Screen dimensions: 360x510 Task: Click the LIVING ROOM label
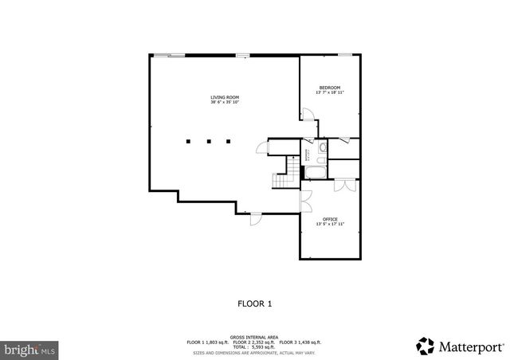pyautogui.click(x=225, y=97)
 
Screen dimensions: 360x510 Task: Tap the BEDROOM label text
pyautogui.click(x=330, y=88)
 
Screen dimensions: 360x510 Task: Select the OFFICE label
pyautogui.click(x=330, y=219)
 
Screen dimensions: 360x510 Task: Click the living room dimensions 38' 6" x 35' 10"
pyautogui.click(x=225, y=103)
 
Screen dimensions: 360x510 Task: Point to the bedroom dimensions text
pyautogui.click(x=330, y=93)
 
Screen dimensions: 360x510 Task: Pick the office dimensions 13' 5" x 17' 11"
pyautogui.click(x=330, y=225)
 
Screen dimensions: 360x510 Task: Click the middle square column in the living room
pyautogui.click(x=208, y=143)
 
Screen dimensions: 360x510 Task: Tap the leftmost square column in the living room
pyautogui.click(x=189, y=143)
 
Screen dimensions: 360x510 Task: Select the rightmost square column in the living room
pyautogui.click(x=228, y=143)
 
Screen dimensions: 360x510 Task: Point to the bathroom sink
pyautogui.click(x=322, y=147)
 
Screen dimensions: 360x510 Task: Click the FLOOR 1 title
pyautogui.click(x=255, y=303)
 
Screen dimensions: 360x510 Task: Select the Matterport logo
pyautogui.click(x=460, y=346)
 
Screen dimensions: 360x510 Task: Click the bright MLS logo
pyautogui.click(x=29, y=349)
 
